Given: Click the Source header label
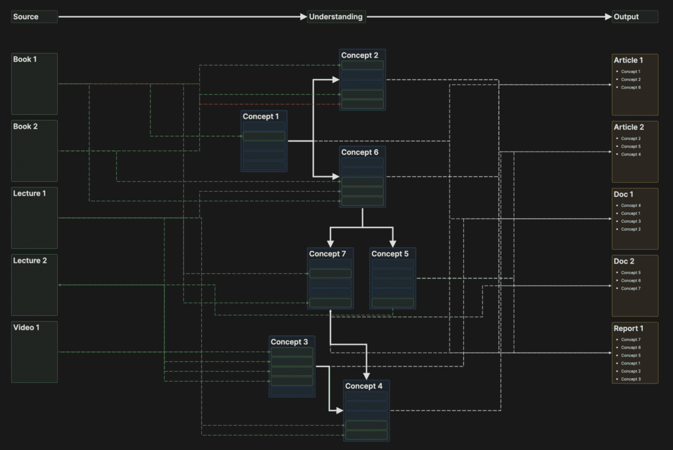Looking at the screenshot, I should point(26,17).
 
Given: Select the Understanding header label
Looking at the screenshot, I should point(336,17).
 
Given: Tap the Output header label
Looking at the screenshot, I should point(626,17).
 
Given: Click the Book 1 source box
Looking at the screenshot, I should point(34,83).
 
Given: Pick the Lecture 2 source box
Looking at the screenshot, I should point(34,284).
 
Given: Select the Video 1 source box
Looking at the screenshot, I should point(34,351).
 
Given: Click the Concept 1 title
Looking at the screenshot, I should point(261,117).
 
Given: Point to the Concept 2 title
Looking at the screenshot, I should point(360,56).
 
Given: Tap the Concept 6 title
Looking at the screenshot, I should point(360,152).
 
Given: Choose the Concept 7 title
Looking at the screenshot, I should point(327,254).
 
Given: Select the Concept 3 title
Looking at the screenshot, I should point(289,342).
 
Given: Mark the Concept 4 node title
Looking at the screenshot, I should point(363,386).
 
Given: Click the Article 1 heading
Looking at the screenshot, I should point(628,60).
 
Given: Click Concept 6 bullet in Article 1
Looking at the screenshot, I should point(631,87).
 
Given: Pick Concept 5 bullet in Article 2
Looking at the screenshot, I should point(631,146).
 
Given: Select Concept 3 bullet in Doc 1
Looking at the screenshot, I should point(631,221).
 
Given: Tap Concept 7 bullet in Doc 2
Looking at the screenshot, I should point(631,288).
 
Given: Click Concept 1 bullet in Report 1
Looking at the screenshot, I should point(631,363).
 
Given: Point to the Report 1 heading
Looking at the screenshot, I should point(628,328).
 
